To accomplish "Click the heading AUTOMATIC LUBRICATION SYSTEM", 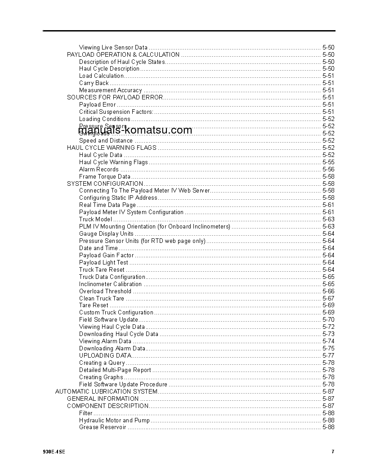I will pyautogui.click(x=106, y=391).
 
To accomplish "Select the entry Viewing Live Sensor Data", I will pyautogui.click(x=113, y=47).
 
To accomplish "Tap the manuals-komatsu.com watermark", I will pyautogui.click(x=135, y=130).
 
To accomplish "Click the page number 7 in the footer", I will pyautogui.click(x=333, y=452).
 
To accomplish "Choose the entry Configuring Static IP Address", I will pyautogui.click(x=118, y=197).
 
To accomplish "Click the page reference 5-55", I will pyautogui.click(x=328, y=162).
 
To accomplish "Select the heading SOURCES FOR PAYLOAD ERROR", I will pyautogui.click(x=115, y=97).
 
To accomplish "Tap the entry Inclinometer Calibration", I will pyautogui.click(x=110, y=284).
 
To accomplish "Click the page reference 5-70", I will pyautogui.click(x=328, y=319).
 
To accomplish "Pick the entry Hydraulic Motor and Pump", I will pyautogui.click(x=114, y=420).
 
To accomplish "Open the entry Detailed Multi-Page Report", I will pyautogui.click(x=115, y=370).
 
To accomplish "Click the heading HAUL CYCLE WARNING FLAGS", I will pyautogui.click(x=112, y=148).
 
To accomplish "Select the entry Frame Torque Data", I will pyautogui.click(x=105, y=176).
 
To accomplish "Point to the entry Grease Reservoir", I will pyautogui.click(x=103, y=427).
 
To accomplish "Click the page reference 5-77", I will pyautogui.click(x=328, y=355).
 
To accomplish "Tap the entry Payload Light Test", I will pyautogui.click(x=103, y=262).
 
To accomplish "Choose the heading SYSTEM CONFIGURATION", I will pyautogui.click(x=105, y=184).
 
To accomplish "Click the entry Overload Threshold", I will pyautogui.click(x=105, y=291).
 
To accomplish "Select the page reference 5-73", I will pyautogui.click(x=328, y=334).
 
